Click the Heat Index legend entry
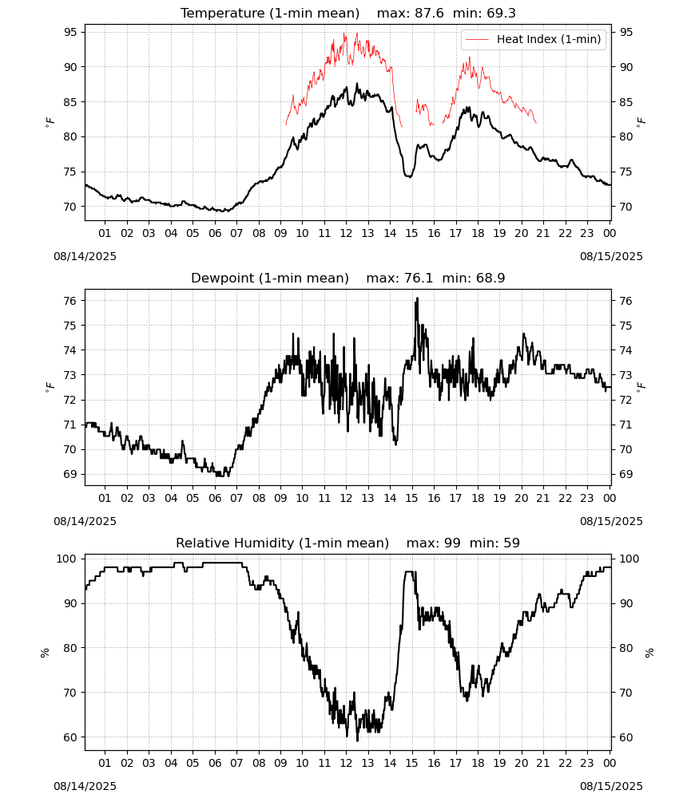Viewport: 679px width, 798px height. [534, 39]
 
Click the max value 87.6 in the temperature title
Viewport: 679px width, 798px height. [430, 13]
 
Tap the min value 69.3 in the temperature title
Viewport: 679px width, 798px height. [501, 13]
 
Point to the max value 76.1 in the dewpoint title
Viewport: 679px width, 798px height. [419, 278]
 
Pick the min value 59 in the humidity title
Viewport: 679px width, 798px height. [511, 543]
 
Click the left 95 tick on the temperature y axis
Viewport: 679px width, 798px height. [70, 32]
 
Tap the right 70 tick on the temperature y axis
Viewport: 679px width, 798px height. [625, 207]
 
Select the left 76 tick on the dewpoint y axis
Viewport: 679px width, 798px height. [70, 301]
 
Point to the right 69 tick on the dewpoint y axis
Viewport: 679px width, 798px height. [625, 474]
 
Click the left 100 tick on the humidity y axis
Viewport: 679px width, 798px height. [67, 559]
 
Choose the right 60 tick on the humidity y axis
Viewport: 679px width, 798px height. [625, 737]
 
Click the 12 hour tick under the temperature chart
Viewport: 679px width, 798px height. [346, 233]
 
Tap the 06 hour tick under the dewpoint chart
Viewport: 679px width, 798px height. [214, 498]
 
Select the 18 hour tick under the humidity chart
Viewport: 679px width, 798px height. [478, 763]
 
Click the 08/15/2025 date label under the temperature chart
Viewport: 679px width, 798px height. [611, 256]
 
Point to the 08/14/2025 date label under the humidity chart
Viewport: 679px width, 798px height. [85, 786]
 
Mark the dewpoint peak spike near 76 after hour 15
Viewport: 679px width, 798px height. [417, 298]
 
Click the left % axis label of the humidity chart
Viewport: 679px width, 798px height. [45, 653]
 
